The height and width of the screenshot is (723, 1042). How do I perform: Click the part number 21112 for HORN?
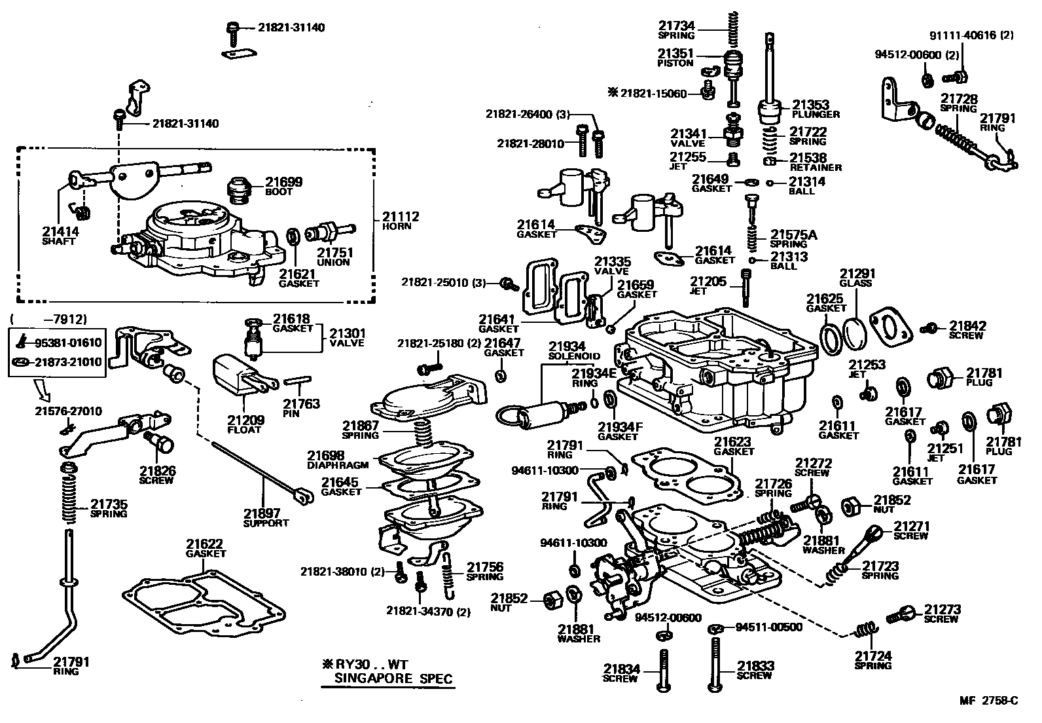(401, 216)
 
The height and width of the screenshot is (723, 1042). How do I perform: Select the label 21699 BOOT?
(283, 186)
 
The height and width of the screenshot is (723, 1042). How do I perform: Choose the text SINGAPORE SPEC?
(393, 678)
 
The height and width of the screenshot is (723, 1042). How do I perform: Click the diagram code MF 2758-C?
(989, 701)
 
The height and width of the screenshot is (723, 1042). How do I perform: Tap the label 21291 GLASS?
(857, 278)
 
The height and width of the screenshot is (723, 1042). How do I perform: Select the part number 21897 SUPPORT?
(265, 517)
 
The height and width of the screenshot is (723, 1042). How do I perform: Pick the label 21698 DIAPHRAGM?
(338, 459)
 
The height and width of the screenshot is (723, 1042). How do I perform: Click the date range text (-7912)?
(48, 320)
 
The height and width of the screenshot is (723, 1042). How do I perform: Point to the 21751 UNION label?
(335, 256)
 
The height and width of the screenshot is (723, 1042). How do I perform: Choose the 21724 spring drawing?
(866, 631)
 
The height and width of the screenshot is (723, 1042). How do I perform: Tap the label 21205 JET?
(708, 286)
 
